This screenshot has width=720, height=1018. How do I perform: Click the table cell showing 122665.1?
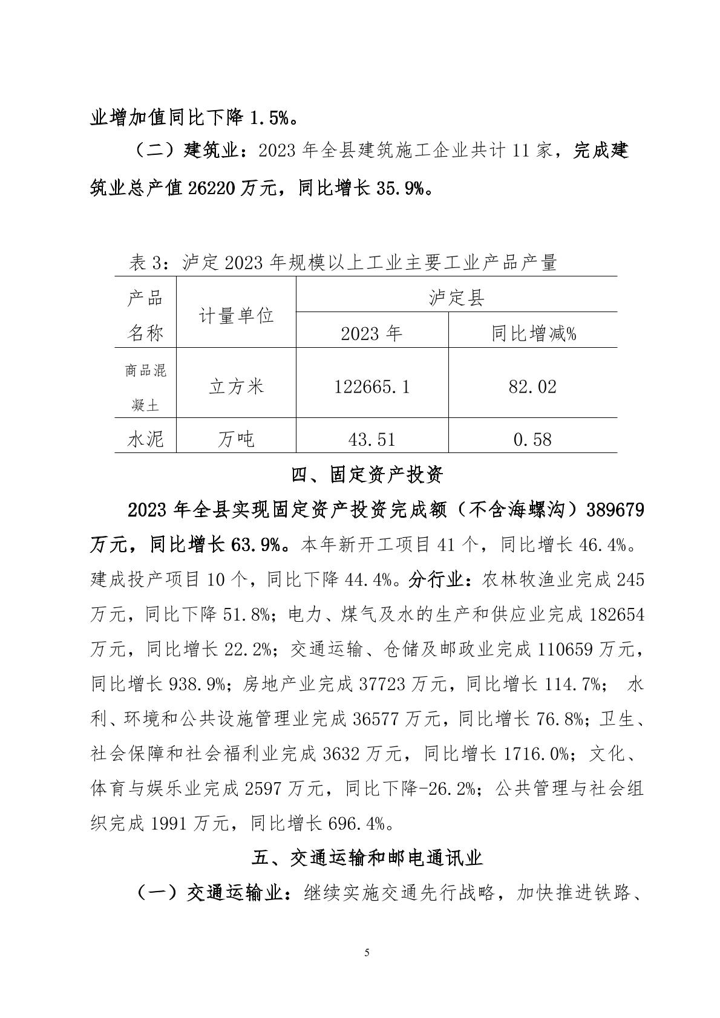pos(371,387)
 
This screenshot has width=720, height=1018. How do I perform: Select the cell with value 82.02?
pos(532,387)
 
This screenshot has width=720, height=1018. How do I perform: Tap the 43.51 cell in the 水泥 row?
pos(371,439)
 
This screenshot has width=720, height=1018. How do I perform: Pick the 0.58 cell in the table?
pos(532,439)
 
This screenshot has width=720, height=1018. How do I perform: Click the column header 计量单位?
pos(236,315)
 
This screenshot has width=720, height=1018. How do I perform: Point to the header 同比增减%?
pos(532,333)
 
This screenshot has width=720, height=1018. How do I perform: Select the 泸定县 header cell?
pos(456,298)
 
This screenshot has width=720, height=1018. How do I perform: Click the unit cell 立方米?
pos(236,387)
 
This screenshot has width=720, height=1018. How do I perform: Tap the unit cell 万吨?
pos(236,439)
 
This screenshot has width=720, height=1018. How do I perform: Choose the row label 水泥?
pos(146,439)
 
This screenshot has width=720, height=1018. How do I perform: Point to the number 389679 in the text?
pos(615,510)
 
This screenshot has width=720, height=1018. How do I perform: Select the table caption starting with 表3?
pos(342,263)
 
